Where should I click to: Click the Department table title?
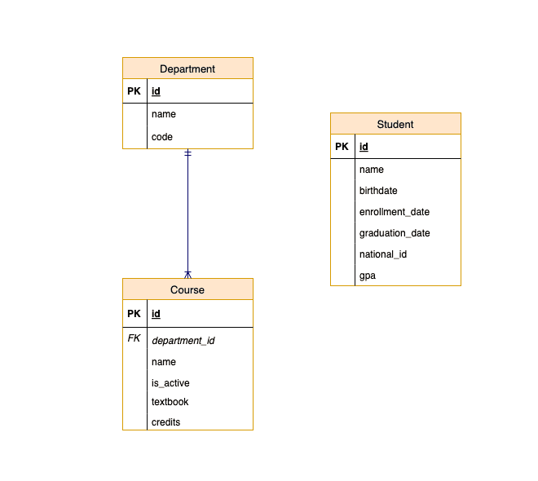coord(187,68)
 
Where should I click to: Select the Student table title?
coord(395,124)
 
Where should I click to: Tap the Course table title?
coord(187,289)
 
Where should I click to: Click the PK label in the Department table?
coord(134,91)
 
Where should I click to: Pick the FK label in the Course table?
coord(134,338)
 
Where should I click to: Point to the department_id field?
coord(183,341)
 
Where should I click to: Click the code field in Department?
coord(162,137)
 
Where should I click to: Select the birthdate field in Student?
coord(378,191)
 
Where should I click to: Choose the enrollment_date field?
coord(395,212)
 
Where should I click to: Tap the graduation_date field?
coord(395,233)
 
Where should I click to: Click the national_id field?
coord(383,254)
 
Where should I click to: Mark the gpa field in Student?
coord(368,276)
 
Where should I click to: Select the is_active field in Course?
coord(170,383)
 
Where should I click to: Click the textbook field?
coord(170,402)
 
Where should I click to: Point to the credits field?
coord(165,422)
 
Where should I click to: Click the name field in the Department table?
coord(164,114)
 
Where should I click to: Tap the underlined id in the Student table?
coord(364,147)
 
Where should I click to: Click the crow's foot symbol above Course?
coord(187,274)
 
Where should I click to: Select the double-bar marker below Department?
coord(187,153)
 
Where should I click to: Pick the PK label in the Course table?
coord(134,313)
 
